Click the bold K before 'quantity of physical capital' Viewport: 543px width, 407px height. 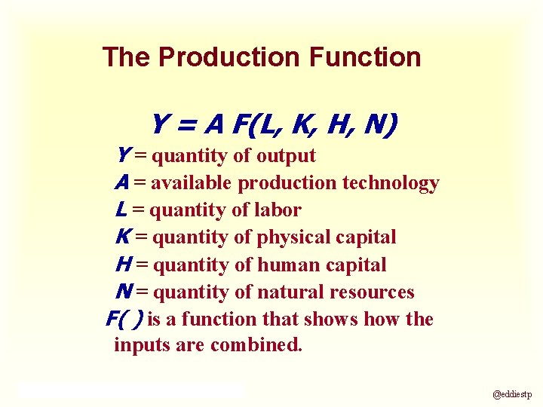click(x=122, y=237)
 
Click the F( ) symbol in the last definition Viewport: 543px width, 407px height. click(x=124, y=320)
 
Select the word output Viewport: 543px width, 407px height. click(x=286, y=156)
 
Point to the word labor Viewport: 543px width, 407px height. click(x=279, y=210)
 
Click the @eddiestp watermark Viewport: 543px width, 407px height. click(x=512, y=394)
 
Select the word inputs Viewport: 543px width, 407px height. click(x=138, y=346)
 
